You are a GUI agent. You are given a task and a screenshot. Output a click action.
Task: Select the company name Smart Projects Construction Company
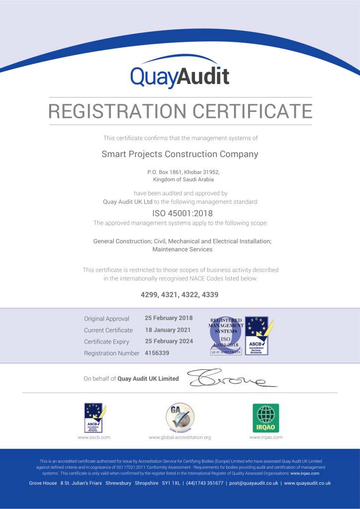(x=180, y=154)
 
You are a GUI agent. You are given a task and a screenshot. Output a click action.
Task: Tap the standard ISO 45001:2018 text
(x=180, y=213)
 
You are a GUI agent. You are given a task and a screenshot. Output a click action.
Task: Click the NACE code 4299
(x=149, y=295)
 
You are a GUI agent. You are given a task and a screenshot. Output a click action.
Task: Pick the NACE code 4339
(x=210, y=295)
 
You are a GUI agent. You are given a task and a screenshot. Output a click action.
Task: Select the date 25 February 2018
(x=169, y=318)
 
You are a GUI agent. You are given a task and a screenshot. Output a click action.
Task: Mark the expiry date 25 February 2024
(x=169, y=341)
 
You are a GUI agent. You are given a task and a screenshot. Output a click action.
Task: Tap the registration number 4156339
(x=157, y=353)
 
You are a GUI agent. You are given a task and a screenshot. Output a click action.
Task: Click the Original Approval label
(x=106, y=319)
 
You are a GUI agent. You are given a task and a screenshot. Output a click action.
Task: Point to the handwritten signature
(x=231, y=379)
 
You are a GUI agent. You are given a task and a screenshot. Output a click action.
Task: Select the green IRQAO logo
(x=266, y=418)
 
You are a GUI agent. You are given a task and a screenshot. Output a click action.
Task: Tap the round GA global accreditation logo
(x=180, y=418)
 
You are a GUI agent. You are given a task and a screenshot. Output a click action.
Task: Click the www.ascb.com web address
(x=94, y=437)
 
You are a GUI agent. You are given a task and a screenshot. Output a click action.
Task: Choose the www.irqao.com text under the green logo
(x=266, y=437)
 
